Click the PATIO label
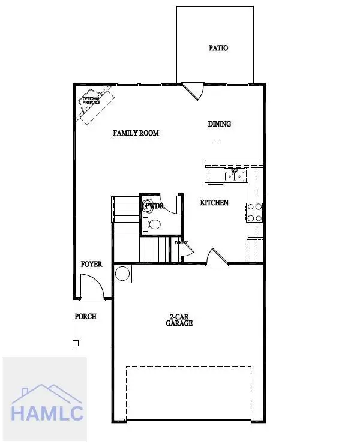tap(218, 48)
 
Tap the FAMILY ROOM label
tap(136, 133)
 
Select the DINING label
tap(220, 124)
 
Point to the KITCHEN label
tap(214, 203)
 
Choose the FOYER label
tap(92, 264)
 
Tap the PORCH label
tap(85, 317)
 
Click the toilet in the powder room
tap(154, 224)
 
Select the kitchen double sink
tap(235, 175)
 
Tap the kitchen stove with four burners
tap(254, 212)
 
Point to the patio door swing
tap(193, 91)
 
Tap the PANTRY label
tap(181, 243)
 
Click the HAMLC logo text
tap(47, 413)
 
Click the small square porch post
tap(76, 343)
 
